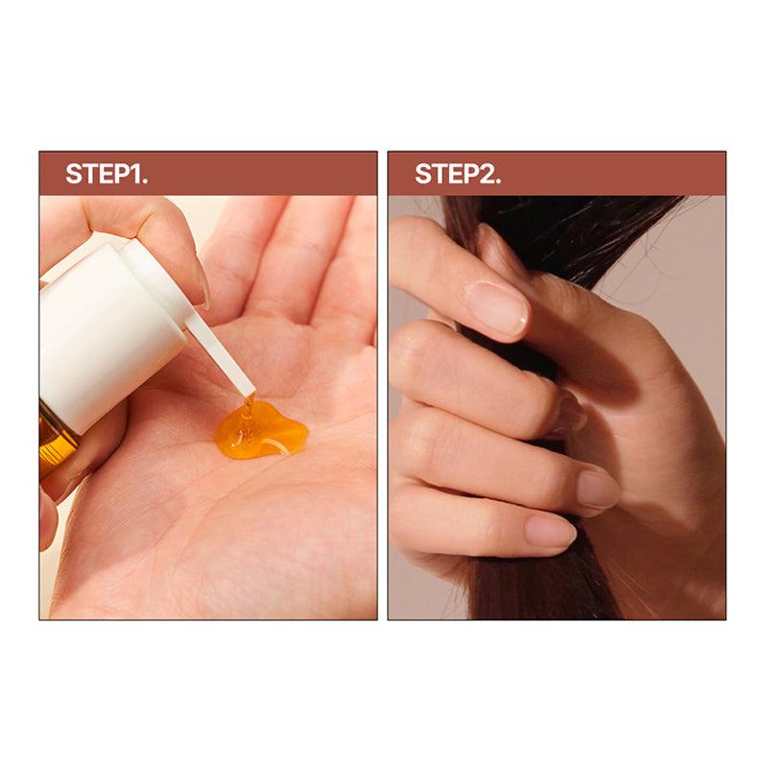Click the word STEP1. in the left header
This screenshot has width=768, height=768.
click(107, 174)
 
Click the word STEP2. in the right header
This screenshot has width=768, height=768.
click(458, 174)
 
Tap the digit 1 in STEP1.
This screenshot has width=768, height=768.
click(134, 174)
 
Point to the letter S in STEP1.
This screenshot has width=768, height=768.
click(74, 174)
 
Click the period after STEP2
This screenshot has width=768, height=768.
click(498, 181)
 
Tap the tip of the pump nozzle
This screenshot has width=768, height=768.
click(250, 393)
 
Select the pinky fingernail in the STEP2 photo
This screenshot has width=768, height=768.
click(550, 532)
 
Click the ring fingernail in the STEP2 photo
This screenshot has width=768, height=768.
click(598, 489)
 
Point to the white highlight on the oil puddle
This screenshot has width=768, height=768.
click(276, 444)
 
